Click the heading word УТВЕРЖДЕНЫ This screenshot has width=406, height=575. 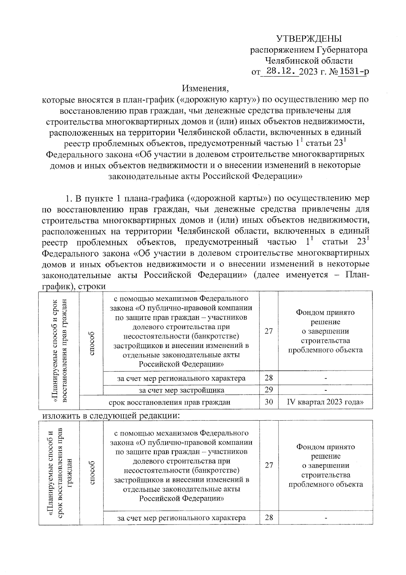[309, 39]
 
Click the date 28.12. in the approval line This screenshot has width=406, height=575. [281, 71]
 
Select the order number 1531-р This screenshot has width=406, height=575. [353, 71]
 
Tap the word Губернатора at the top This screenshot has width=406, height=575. [342, 50]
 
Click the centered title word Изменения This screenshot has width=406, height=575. [205, 89]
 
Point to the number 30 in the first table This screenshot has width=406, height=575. [269, 402]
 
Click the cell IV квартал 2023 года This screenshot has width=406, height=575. [325, 402]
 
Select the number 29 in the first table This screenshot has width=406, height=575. [269, 390]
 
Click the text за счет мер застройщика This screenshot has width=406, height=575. [181, 390]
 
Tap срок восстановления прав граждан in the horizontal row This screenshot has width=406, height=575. [170, 402]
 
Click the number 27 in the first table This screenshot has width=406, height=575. [269, 331]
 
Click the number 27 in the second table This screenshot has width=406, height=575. [269, 465]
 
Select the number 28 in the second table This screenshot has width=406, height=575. [269, 518]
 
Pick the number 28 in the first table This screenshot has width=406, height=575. [269, 378]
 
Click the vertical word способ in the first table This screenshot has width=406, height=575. [91, 343]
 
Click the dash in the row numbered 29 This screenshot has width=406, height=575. [325, 390]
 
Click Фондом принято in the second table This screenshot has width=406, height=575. [325, 447]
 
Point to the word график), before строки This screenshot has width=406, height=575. [59, 286]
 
